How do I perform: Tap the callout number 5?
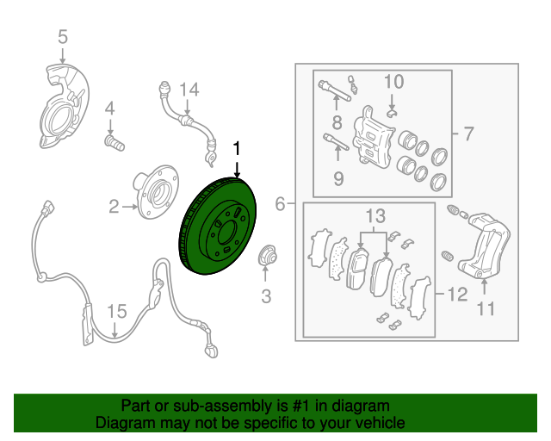point(63,36)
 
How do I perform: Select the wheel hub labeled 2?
point(156,192)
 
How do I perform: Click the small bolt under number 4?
point(115,142)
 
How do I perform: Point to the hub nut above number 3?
point(267,255)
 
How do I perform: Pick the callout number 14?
point(189,90)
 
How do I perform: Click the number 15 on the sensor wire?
point(117,312)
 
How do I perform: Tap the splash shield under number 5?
point(64,106)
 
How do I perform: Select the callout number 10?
point(394,82)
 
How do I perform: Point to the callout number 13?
point(375,216)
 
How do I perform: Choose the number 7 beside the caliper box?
point(468,134)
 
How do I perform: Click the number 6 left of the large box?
point(280,204)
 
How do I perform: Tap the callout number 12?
point(457,295)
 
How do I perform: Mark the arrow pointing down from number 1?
point(238,170)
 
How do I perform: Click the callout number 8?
point(337,122)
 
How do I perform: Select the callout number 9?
point(338,179)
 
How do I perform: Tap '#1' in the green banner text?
point(300,406)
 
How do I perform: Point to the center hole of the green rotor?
point(226,233)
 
